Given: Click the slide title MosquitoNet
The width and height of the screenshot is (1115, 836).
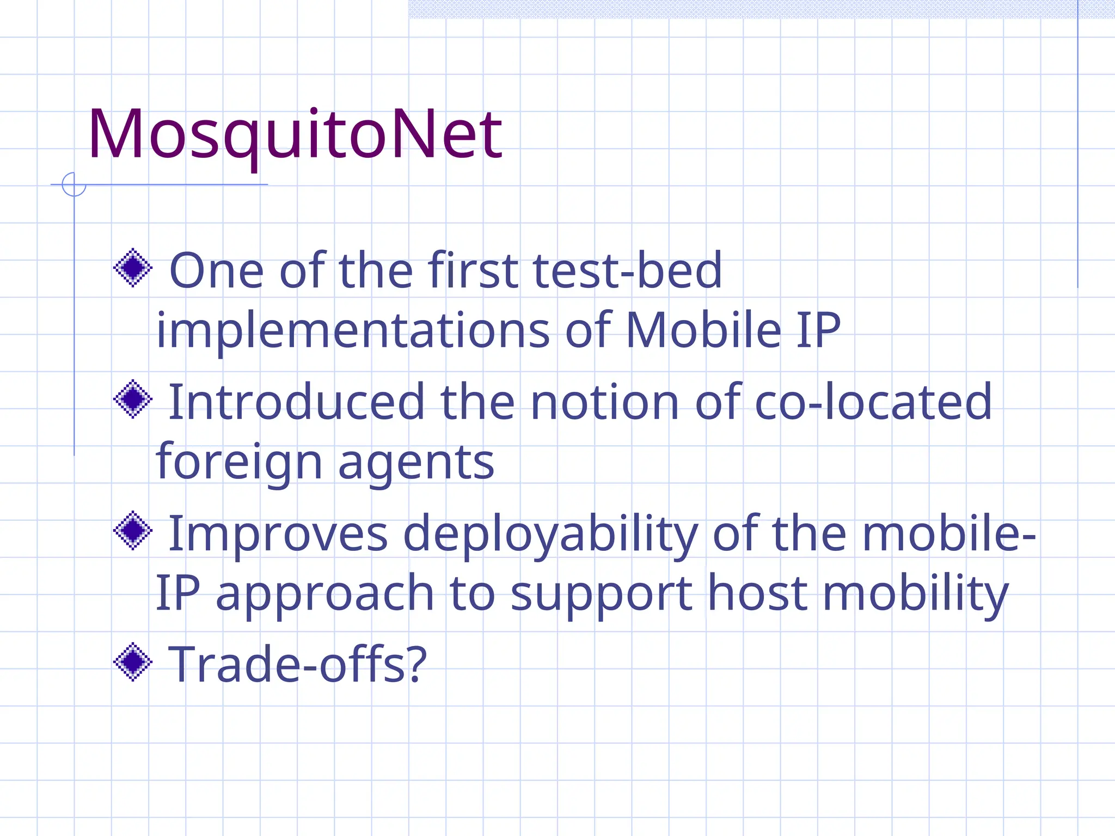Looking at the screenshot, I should (x=295, y=134).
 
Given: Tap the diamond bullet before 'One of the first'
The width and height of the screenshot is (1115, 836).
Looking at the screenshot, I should (x=132, y=268).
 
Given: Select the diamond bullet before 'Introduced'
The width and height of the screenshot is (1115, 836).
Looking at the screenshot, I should (x=132, y=399).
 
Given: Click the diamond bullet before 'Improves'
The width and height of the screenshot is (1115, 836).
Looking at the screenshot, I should (x=132, y=531).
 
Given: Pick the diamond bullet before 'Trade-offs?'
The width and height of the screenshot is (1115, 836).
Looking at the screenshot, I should (x=132, y=662).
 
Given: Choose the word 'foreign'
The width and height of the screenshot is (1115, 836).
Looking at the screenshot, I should (x=240, y=463).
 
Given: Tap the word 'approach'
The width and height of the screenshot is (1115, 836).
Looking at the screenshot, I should (x=325, y=594).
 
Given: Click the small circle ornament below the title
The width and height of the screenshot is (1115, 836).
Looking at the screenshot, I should (x=74, y=185).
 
